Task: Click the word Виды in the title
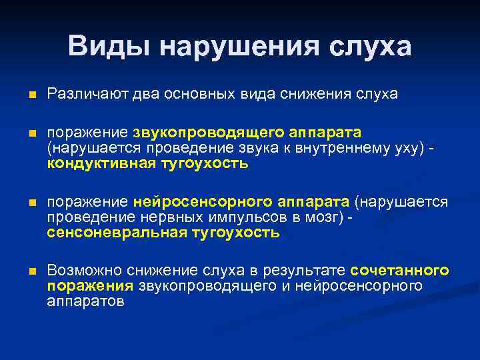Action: click(110, 46)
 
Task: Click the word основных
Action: click(189, 94)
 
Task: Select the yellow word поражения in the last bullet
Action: click(91, 286)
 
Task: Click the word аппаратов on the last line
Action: click(85, 301)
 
